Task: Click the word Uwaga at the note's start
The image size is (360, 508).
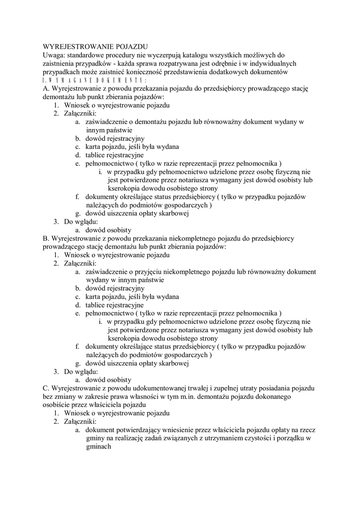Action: (55, 55)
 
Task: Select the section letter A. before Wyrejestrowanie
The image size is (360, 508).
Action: (48, 89)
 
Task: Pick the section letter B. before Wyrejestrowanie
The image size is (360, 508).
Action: (48, 238)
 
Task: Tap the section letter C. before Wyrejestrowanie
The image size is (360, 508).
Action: (48, 387)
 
